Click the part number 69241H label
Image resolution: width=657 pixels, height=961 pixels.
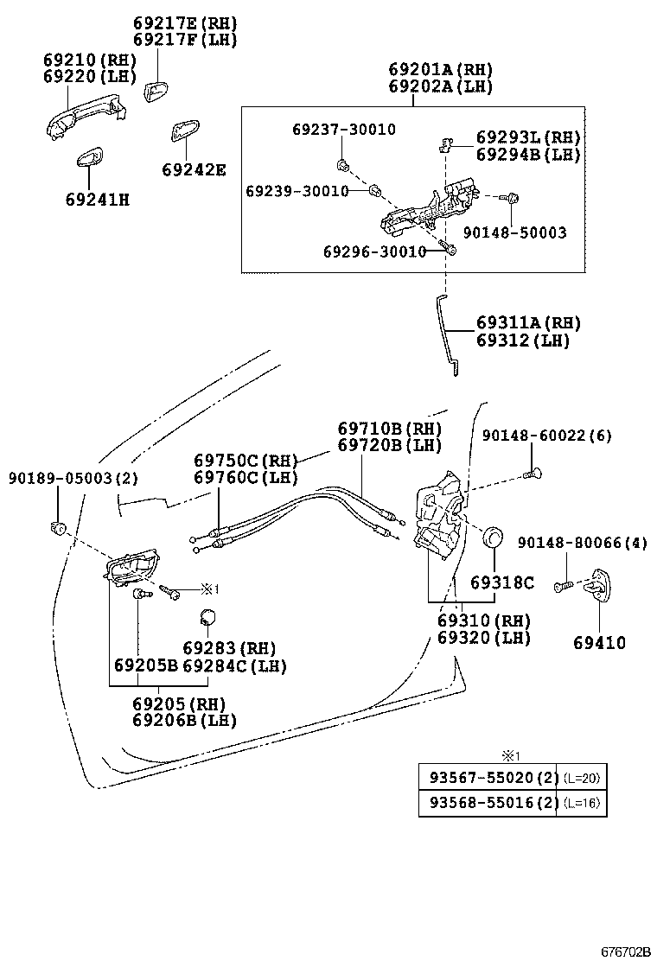click(97, 200)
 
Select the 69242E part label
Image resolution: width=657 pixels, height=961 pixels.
click(194, 170)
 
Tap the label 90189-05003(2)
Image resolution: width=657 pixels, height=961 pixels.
click(73, 477)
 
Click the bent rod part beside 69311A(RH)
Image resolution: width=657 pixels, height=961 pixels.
click(445, 333)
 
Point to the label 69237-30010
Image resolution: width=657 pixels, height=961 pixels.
click(343, 130)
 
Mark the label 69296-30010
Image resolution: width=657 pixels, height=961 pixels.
click(374, 251)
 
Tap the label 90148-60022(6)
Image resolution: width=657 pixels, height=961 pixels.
click(546, 436)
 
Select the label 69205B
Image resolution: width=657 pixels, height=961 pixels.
click(145, 666)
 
